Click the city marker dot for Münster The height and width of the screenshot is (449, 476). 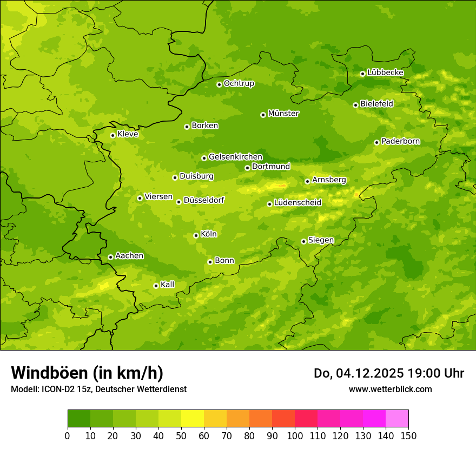click(263, 115)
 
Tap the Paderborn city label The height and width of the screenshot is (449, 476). click(400, 141)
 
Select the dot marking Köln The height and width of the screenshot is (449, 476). click(196, 235)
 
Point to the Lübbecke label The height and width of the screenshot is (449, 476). click(385, 72)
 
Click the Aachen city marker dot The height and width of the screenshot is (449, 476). click(110, 257)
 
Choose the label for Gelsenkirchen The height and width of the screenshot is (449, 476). click(235, 157)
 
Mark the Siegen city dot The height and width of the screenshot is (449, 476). click(303, 241)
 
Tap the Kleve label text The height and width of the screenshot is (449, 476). click(128, 134)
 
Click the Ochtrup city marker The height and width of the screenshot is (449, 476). click(219, 84)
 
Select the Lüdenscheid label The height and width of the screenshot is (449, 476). click(297, 203)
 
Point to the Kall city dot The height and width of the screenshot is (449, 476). click(156, 286)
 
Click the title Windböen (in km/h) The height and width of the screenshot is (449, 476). click(87, 373)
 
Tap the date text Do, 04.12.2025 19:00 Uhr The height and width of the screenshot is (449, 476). click(388, 373)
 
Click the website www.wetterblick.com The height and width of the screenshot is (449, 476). click(390, 389)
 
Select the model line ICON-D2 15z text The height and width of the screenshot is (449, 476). click(98, 389)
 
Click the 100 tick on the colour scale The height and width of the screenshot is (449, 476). click(295, 435)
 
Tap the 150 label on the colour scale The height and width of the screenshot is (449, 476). click(408, 435)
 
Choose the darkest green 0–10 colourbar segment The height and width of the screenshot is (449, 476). click(79, 419)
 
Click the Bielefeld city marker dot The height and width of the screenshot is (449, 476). click(355, 105)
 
